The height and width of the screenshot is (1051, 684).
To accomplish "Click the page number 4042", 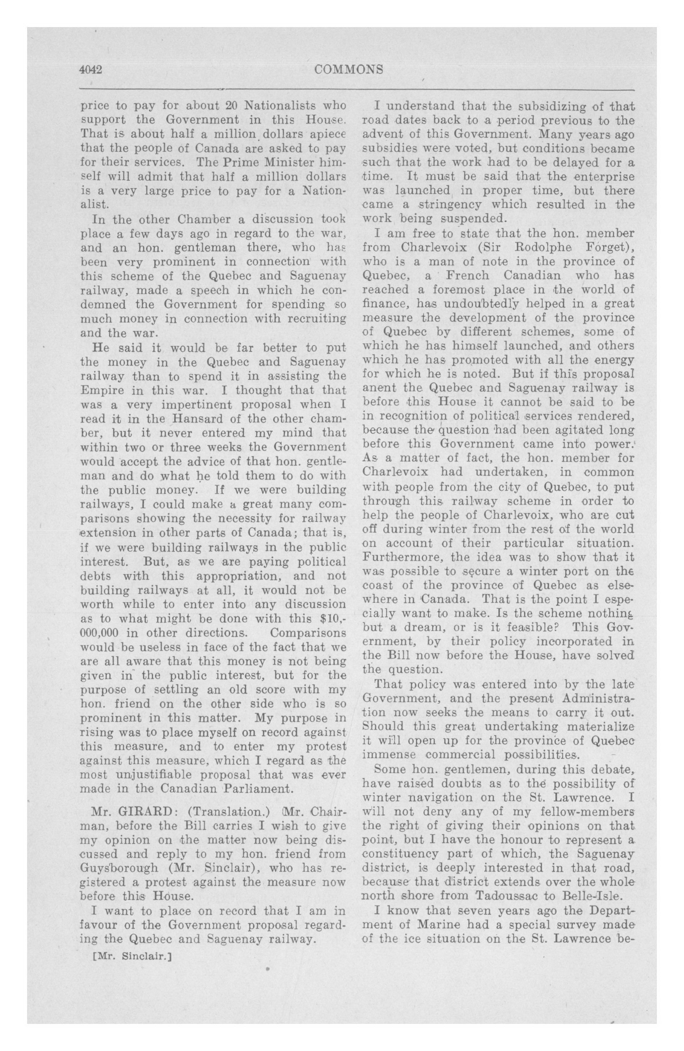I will click(x=91, y=70).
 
